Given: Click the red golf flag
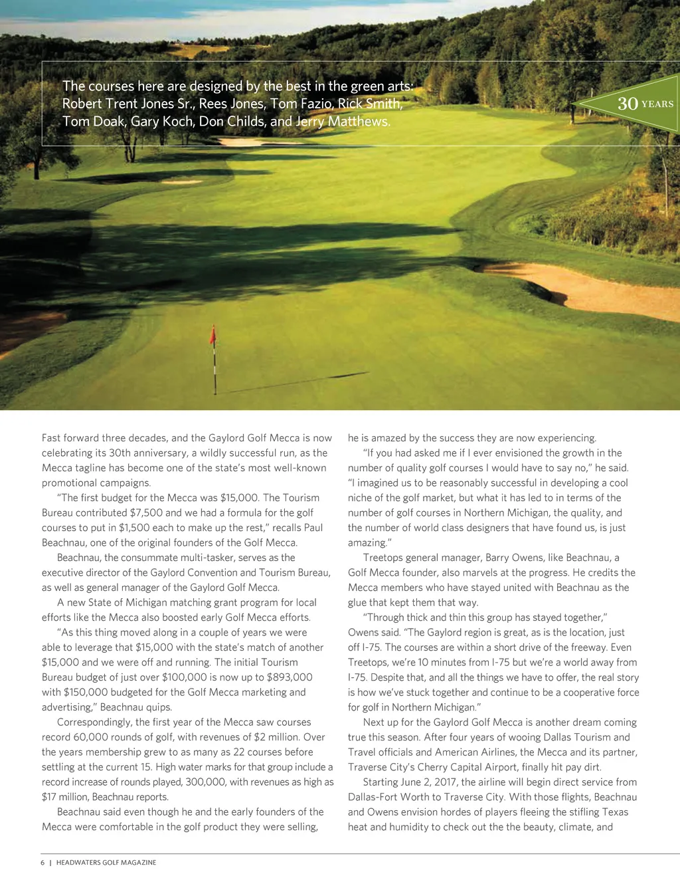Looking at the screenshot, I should point(213,335).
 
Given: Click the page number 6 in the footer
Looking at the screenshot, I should point(42,862).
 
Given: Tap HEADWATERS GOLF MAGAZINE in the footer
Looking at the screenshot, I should point(106,862).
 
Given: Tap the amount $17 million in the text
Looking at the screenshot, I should point(64,796).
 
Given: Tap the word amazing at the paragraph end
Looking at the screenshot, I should point(368,542).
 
